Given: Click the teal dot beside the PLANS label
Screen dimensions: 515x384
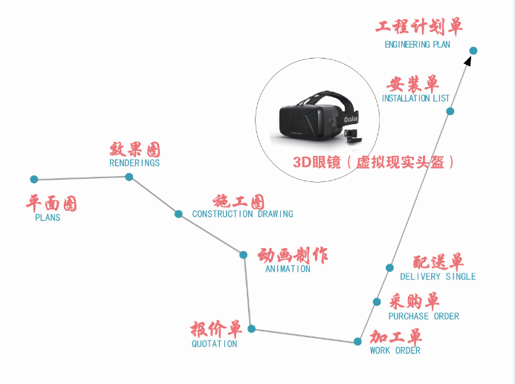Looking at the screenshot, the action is click(34, 179).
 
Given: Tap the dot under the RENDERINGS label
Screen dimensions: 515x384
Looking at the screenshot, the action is click(129, 177).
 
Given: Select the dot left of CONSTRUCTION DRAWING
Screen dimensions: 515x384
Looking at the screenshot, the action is click(178, 214).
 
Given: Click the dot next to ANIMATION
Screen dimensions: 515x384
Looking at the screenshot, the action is click(243, 255).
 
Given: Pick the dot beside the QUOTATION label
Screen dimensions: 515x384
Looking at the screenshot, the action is click(252, 328).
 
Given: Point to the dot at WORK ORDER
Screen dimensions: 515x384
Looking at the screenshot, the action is click(357, 342).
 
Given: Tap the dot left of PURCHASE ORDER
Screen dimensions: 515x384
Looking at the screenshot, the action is click(377, 302).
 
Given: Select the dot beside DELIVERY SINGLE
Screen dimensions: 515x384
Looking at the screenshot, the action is click(389, 268).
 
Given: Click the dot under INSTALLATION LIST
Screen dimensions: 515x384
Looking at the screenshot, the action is click(450, 111).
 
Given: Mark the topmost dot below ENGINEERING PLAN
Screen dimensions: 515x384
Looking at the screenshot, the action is click(473, 51).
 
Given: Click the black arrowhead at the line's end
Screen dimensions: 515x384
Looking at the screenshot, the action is click(467, 61).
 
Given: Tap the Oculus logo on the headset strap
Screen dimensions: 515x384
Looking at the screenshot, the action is click(351, 119).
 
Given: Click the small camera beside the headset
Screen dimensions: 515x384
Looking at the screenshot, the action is click(354, 136).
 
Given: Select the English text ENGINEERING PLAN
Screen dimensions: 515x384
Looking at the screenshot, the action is click(417, 45).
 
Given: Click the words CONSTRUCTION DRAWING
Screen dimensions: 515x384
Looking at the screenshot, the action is click(242, 214).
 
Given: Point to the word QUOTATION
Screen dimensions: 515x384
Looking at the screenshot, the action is click(214, 344).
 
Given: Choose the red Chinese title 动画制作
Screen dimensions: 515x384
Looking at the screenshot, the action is click(292, 256).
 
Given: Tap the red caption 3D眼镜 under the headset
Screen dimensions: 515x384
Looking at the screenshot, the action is click(317, 162).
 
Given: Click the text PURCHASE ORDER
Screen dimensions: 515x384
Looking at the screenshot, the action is click(424, 316).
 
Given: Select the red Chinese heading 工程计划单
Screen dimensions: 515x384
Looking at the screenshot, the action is click(419, 27).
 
